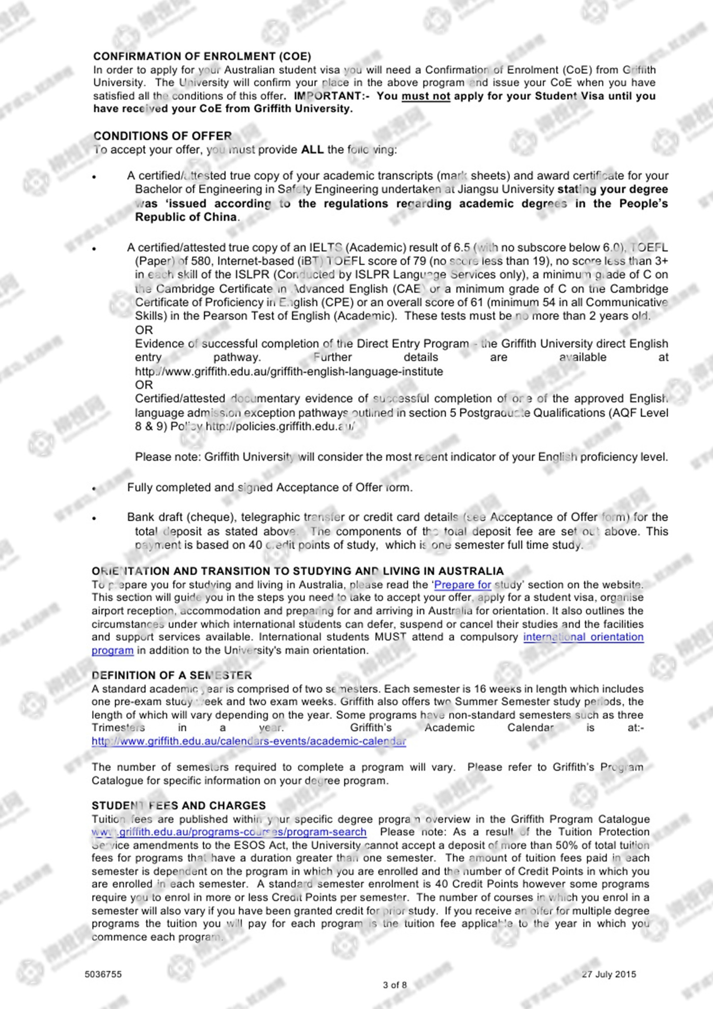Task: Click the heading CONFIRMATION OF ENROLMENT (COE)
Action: (202, 57)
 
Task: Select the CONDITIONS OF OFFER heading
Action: (162, 136)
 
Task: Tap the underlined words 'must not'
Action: (426, 96)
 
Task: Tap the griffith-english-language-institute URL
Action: (289, 372)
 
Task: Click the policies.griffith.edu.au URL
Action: (280, 427)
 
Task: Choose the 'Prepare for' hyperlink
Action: (462, 585)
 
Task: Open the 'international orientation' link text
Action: (583, 637)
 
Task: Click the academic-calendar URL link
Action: (249, 741)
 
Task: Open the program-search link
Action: (229, 832)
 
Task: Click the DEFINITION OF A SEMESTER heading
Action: (172, 676)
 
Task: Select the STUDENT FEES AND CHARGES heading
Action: (179, 805)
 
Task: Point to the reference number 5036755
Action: (103, 974)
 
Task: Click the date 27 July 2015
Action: (609, 974)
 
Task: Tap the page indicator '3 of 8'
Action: (395, 985)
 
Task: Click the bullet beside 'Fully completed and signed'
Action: (94, 489)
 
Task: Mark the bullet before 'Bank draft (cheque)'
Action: (94, 518)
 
